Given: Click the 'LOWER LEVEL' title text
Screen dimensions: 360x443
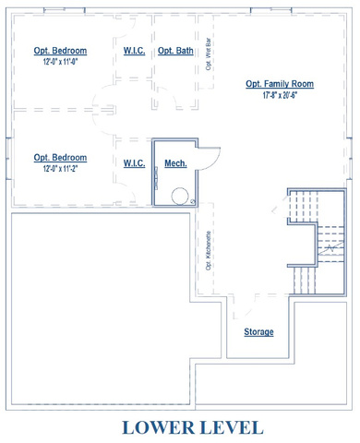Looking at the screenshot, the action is [x=193, y=427].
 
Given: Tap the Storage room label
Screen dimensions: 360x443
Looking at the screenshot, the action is [x=258, y=332].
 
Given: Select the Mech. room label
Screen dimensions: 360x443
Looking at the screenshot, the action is [x=175, y=163].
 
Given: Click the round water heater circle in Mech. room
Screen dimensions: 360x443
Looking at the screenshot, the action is [x=180, y=196].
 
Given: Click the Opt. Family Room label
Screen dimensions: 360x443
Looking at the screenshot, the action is [x=280, y=84].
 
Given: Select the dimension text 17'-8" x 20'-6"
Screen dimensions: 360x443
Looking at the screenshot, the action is [x=280, y=95].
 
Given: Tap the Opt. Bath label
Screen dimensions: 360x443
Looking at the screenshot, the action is [x=175, y=51].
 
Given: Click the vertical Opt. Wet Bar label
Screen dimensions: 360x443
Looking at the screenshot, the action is [x=209, y=54].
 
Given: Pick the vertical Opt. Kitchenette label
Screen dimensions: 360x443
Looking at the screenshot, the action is [x=209, y=251].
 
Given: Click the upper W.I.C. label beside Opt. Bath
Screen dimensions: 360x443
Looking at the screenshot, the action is [x=134, y=51].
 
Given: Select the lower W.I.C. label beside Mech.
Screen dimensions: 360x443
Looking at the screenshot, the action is [x=134, y=163].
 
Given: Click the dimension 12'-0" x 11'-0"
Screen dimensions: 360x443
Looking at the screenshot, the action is [x=60, y=62].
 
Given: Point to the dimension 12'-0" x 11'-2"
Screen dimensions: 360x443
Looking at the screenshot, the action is [x=60, y=169].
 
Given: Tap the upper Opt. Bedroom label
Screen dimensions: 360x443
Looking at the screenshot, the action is [x=60, y=51].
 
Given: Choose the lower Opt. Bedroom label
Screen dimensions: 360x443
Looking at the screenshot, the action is [x=60, y=157].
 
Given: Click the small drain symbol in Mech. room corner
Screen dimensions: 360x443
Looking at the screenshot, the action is [x=193, y=202].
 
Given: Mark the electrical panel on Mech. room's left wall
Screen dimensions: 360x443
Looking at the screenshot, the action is [x=156, y=178].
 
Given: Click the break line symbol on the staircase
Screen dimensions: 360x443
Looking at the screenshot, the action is [x=330, y=248].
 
